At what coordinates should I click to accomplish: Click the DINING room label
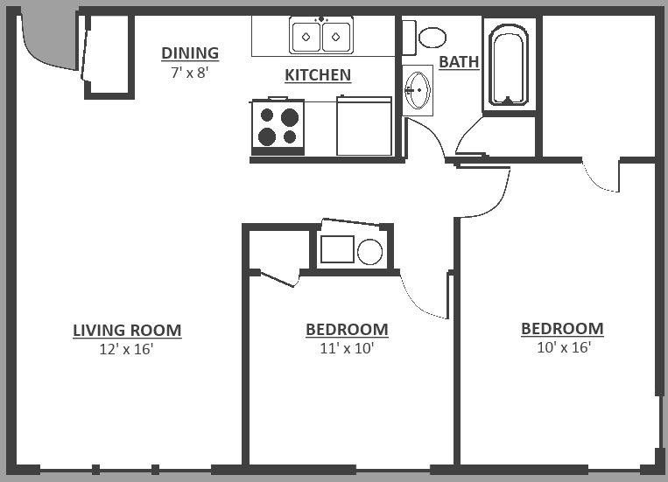click(190, 53)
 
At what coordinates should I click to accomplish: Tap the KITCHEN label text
click(318, 75)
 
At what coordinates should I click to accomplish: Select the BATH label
click(459, 62)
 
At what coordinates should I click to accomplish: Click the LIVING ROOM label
click(127, 331)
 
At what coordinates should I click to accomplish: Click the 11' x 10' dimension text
click(347, 348)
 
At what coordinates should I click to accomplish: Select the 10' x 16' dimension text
click(563, 347)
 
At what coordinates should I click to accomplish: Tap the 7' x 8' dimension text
click(190, 73)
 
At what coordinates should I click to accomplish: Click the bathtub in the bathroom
click(508, 65)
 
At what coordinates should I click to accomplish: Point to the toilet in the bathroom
click(431, 37)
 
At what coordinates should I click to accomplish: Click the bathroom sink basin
click(418, 89)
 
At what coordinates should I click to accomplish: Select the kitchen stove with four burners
click(278, 126)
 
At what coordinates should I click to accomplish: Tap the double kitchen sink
click(320, 36)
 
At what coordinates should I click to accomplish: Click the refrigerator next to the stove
click(363, 127)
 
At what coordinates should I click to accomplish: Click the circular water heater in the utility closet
click(370, 252)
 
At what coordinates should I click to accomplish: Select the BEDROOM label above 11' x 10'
click(347, 330)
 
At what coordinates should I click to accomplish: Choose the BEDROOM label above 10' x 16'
click(562, 329)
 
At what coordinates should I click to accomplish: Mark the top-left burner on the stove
click(267, 115)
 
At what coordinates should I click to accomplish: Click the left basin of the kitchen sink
click(306, 37)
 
